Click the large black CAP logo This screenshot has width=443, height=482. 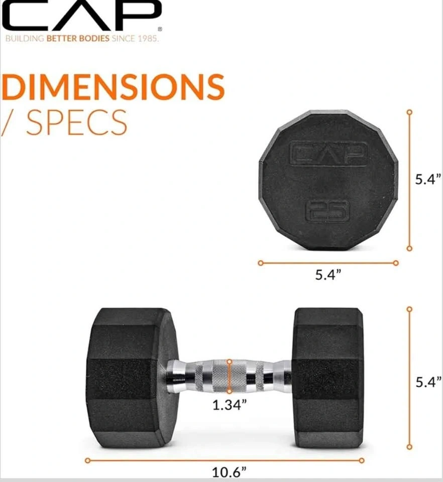(81, 16)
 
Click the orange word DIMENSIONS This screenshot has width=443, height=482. (113, 87)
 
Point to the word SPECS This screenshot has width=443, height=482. (76, 123)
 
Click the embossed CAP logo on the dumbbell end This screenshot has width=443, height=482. (329, 154)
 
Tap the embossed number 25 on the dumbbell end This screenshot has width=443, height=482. (328, 211)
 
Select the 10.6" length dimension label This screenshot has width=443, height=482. (230, 472)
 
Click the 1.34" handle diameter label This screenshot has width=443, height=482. (230, 405)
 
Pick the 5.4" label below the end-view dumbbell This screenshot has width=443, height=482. (328, 274)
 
